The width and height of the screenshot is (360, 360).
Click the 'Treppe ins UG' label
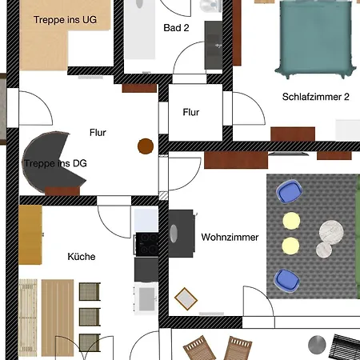[65, 20]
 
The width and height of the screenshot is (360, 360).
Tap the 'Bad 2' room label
[176, 28]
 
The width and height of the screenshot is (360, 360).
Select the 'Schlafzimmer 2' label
[316, 97]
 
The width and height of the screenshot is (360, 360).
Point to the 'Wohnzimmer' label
[230, 237]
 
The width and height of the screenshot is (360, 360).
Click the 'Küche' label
[82, 257]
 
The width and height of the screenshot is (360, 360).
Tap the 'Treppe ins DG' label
[55, 163]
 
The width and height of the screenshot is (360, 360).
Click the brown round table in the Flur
[146, 146]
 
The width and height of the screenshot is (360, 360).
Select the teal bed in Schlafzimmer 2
[316, 39]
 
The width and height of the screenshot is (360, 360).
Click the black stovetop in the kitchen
[146, 244]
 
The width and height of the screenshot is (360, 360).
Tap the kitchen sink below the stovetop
[146, 298]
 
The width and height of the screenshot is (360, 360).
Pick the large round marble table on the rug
[331, 231]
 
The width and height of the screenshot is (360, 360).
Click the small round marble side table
[324, 250]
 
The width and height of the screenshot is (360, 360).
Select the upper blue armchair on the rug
[289, 191]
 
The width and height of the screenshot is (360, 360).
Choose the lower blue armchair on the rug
[287, 281]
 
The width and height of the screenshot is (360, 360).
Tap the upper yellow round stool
[291, 221]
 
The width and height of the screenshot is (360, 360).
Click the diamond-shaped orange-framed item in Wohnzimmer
[186, 298]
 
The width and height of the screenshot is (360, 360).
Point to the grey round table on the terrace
[317, 345]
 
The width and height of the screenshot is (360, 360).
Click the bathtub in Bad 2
[140, 30]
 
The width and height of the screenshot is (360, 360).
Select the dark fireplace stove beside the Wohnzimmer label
[182, 234]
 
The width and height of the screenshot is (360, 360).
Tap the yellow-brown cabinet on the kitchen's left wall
[30, 234]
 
